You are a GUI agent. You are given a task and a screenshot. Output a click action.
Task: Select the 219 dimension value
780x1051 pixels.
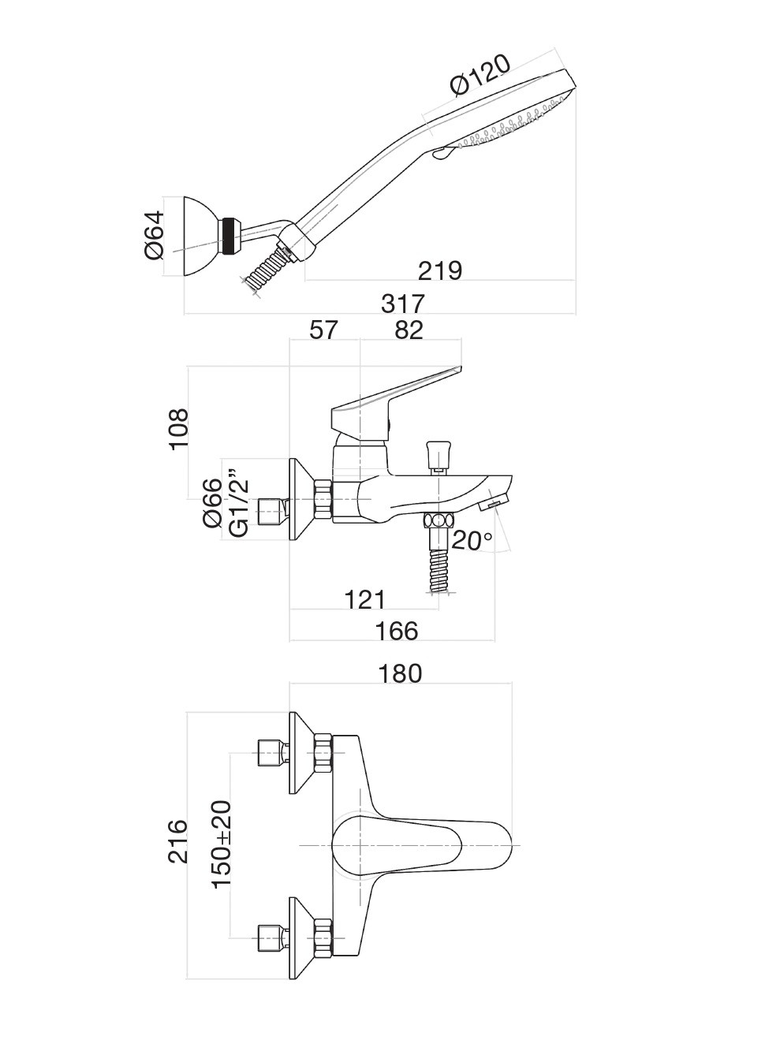tap(439, 270)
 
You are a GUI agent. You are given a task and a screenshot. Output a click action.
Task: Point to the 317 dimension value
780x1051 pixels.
tap(402, 303)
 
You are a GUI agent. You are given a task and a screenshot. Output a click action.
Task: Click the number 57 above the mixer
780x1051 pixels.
tap(323, 330)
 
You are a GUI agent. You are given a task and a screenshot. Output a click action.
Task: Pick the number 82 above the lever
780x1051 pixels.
tap(409, 330)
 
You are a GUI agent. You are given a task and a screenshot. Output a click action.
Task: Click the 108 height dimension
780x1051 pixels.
tap(179, 428)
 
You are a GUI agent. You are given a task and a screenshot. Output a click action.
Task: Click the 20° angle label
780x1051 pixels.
tap(472, 542)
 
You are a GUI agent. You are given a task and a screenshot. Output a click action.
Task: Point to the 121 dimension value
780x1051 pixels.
tap(364, 600)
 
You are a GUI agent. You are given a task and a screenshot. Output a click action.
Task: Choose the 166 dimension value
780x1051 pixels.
tap(397, 631)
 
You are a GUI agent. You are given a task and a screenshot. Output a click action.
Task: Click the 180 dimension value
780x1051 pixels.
tap(401, 673)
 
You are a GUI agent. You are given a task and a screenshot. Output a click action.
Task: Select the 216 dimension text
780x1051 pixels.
tap(178, 841)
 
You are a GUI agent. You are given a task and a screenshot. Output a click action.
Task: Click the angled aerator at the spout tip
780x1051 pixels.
tap(495, 502)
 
